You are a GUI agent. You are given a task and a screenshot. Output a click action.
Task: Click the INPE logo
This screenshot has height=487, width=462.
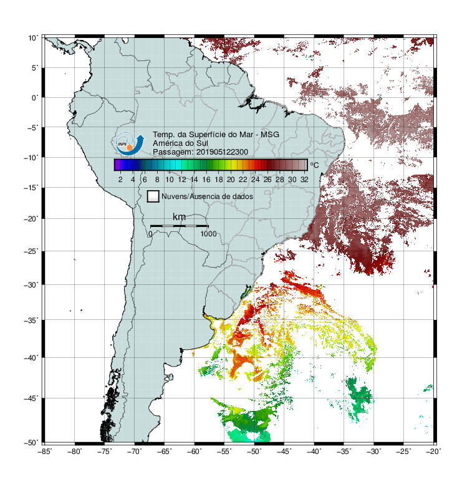point(130,143)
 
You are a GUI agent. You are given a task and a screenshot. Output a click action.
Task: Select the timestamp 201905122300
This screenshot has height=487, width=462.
point(222,152)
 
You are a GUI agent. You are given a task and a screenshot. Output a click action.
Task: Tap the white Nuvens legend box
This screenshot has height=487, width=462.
point(153,196)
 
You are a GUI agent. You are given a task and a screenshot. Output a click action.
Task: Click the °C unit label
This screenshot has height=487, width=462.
point(314,165)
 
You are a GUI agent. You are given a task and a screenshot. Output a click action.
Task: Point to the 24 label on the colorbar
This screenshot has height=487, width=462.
point(255,180)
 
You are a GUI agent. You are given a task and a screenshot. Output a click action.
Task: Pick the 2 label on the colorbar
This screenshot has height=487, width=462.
point(120,180)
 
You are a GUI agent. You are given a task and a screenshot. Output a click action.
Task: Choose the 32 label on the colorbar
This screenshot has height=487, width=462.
point(304,180)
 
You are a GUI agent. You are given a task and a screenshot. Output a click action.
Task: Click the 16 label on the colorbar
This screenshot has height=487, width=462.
point(206,180)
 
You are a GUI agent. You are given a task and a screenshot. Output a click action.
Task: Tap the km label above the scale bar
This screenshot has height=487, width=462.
point(179,217)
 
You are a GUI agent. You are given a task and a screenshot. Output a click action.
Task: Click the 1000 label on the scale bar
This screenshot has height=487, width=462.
point(208,234)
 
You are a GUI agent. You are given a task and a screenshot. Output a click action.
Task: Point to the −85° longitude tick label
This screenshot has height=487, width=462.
point(44,451)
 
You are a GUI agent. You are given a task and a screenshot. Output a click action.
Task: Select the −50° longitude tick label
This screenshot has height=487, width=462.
point(254,451)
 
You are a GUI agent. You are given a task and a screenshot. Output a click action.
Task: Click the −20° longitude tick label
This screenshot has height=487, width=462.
point(433,451)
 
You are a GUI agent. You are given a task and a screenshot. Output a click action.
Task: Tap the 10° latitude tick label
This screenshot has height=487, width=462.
point(33,38)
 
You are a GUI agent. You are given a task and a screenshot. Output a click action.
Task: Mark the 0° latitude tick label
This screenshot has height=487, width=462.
point(35,98)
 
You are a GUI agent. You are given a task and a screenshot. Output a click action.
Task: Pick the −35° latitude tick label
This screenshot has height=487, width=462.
point(31,320)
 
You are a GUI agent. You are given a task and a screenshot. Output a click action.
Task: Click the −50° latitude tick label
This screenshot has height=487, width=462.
point(31,442)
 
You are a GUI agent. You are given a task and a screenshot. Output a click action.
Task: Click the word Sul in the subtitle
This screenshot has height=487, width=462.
point(203,143)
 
